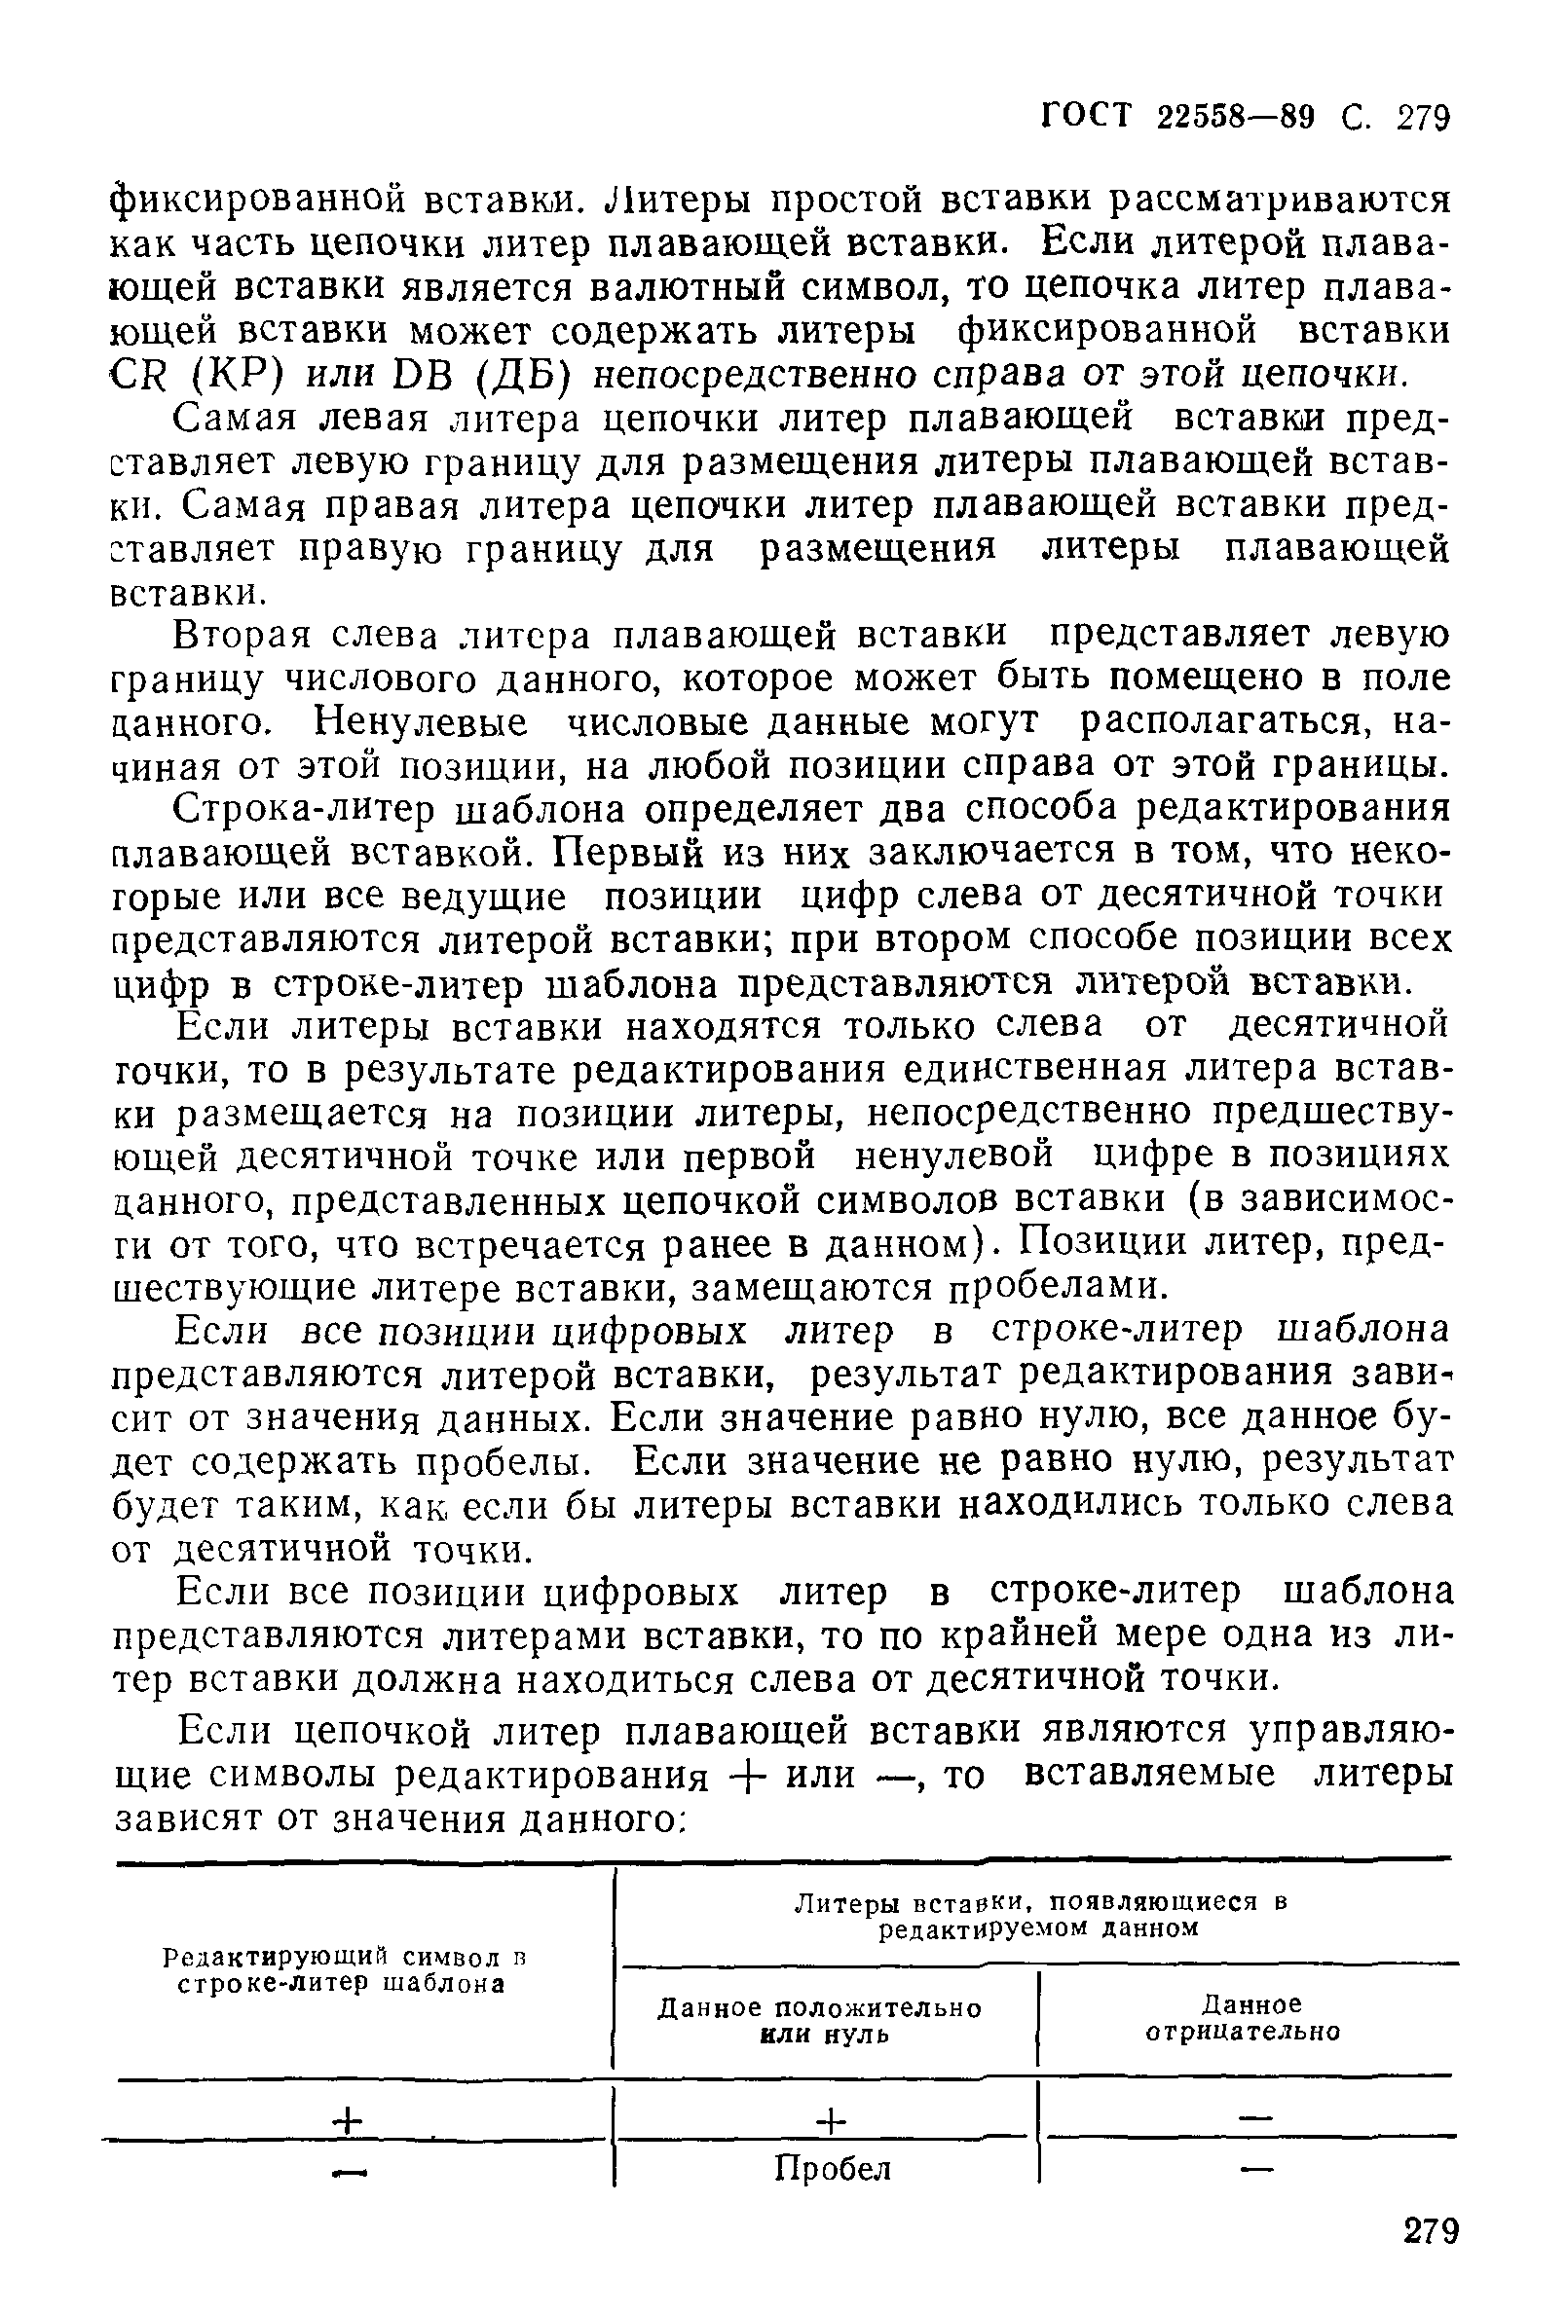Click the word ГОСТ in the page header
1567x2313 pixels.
click(1087, 118)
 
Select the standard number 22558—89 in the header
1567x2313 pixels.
click(1245, 118)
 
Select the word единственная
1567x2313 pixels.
click(1025, 1070)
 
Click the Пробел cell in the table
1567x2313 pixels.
click(833, 2169)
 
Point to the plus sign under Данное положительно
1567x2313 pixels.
click(832, 2120)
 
